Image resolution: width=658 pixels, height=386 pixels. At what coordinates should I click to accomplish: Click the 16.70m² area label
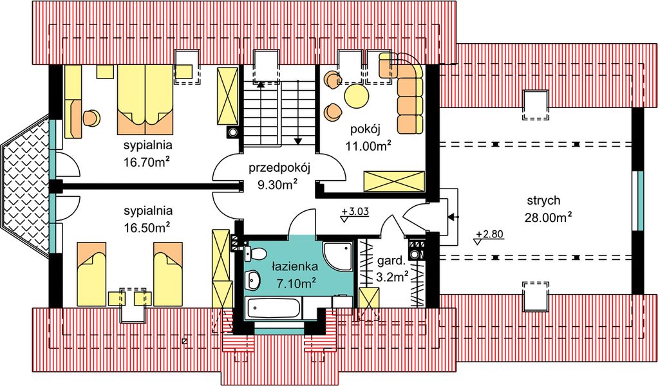coord(147,161)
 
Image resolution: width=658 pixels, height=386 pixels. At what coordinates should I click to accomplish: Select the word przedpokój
coord(280,169)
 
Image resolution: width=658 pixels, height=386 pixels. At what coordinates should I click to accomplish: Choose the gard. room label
coord(391,262)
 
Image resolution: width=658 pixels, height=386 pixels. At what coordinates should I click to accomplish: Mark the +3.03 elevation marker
coord(355,212)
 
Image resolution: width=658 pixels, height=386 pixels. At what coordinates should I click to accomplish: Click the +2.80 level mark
coord(489,235)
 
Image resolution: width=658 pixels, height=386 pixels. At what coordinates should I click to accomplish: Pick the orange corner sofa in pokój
coord(406,90)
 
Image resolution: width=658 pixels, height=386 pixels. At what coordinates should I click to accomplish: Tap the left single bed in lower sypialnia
coord(91,273)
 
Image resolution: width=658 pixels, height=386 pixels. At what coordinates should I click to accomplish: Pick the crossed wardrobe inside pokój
coord(394,181)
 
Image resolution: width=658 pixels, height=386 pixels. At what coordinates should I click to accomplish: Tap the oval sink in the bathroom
coord(254,279)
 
